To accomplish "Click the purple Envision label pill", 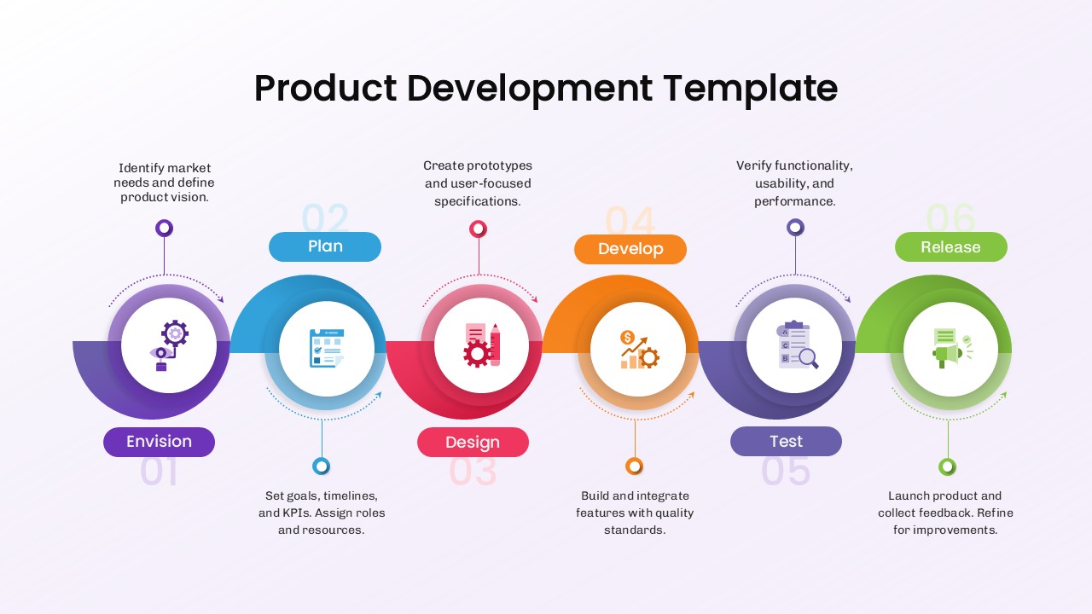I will (159, 442).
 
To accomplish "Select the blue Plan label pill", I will (325, 246).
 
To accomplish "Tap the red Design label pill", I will (473, 443).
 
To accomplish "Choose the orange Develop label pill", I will (630, 249).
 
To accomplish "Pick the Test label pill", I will (786, 441).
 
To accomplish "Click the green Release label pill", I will (950, 247).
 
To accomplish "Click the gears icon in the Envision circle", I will (169, 346).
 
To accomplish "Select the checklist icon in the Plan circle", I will (326, 347).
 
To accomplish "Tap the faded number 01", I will (160, 472).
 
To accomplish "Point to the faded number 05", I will (786, 471).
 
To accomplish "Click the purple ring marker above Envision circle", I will (165, 228).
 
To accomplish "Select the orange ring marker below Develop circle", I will (634, 466).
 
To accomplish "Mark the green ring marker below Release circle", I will (947, 466).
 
